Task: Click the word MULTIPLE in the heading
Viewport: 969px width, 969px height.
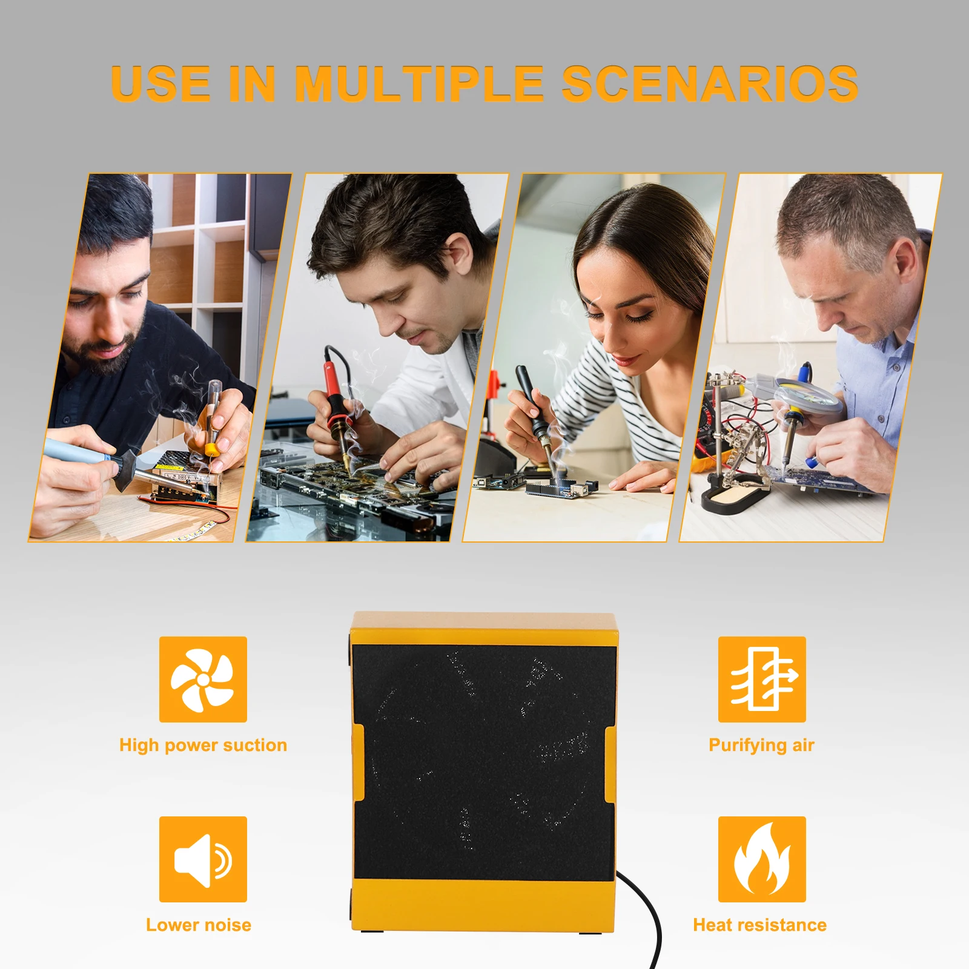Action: (x=418, y=83)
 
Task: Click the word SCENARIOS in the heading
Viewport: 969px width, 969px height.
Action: (x=710, y=83)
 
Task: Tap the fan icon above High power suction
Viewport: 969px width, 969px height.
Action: (x=203, y=679)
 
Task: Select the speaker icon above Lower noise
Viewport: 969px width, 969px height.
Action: (x=203, y=859)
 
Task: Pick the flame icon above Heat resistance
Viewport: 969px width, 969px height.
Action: (x=762, y=859)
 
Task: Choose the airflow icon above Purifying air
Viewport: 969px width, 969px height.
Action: (x=762, y=679)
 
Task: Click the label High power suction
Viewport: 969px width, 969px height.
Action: (x=203, y=745)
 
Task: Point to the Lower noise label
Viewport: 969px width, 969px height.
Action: (x=199, y=925)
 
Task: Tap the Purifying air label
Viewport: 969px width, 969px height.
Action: (x=761, y=745)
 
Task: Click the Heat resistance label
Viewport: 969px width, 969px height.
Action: (x=759, y=925)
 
